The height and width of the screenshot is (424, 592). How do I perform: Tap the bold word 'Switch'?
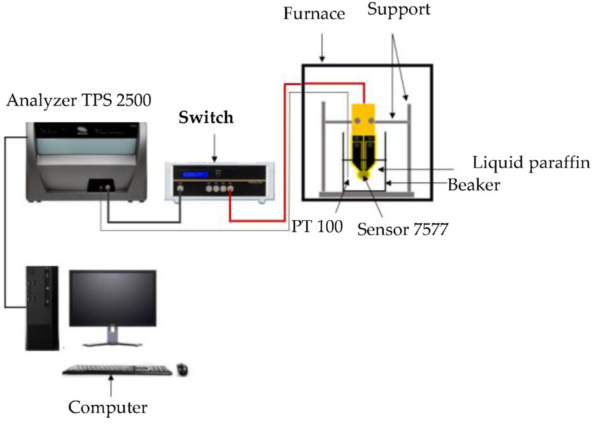(x=206, y=117)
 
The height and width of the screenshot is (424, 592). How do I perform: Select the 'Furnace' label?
(x=314, y=14)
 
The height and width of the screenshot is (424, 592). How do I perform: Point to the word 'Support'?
(x=399, y=10)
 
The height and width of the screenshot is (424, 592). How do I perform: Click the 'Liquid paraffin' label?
(x=531, y=162)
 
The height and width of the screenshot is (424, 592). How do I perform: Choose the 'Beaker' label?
(x=474, y=185)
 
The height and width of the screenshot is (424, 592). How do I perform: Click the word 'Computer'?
(x=108, y=407)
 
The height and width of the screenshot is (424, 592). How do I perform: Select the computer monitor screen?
(x=113, y=298)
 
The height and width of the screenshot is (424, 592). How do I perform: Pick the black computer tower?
(x=42, y=308)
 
